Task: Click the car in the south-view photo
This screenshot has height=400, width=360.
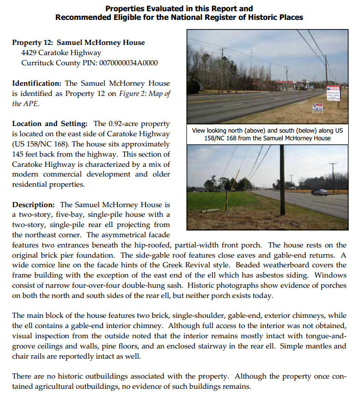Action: pyautogui.click(x=320, y=192)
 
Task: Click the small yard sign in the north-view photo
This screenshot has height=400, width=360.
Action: pyautogui.click(x=317, y=108)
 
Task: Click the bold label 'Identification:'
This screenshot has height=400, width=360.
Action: pyautogui.click(x=37, y=83)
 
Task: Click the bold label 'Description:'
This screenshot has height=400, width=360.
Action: pyautogui.click(x=34, y=205)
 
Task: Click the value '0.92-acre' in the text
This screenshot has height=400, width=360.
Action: pyautogui.click(x=125, y=124)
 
